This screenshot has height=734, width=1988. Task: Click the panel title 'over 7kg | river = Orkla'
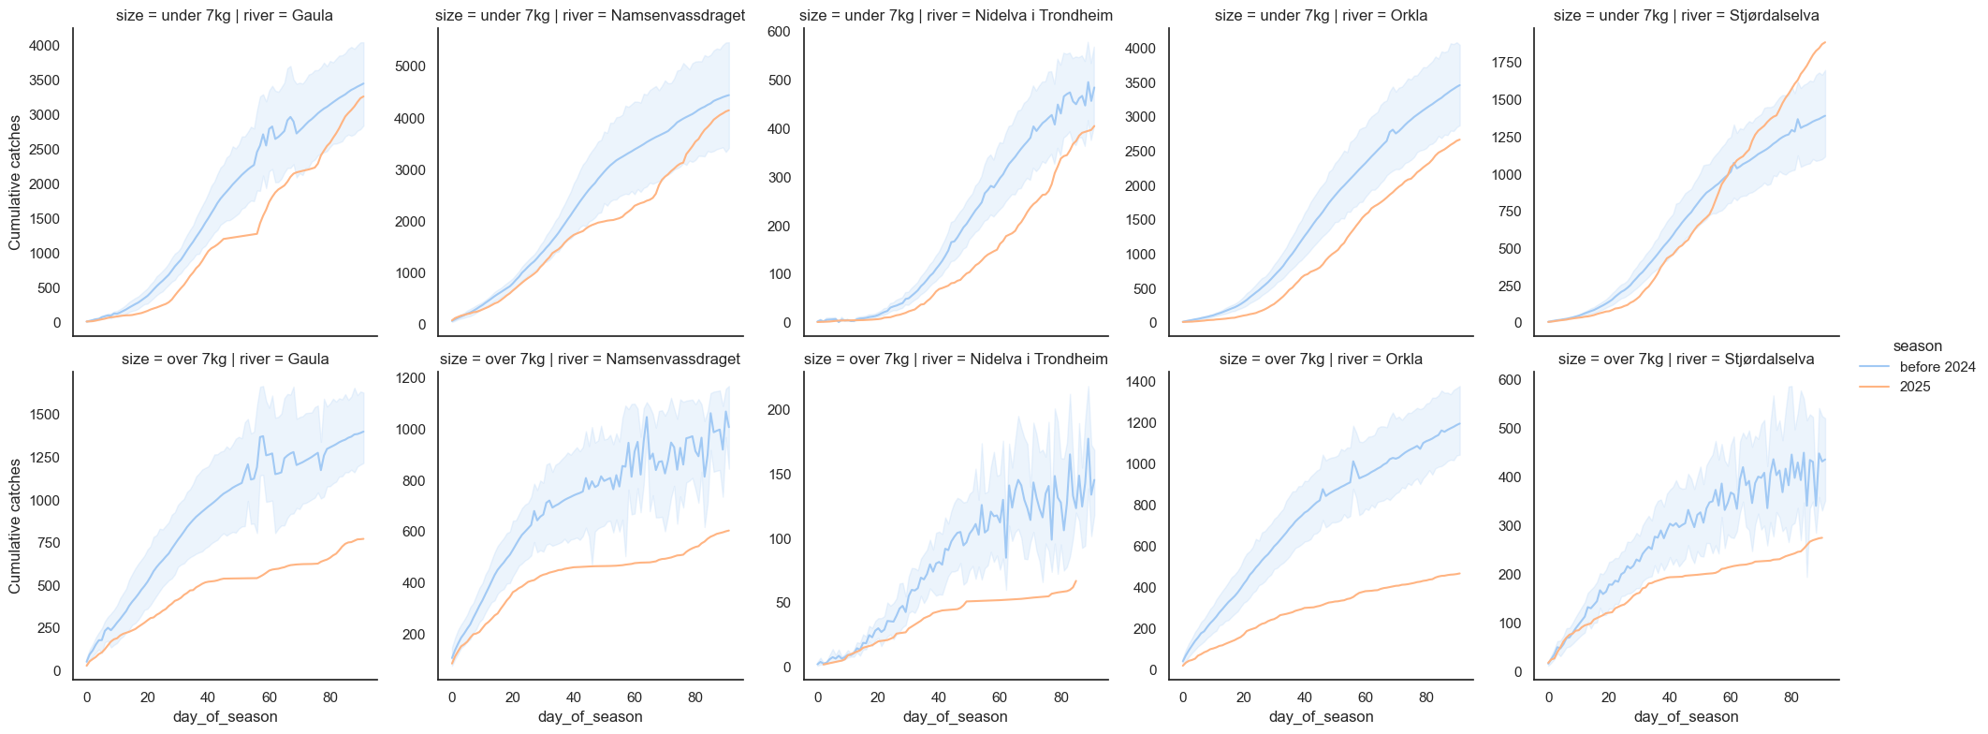(x=1321, y=359)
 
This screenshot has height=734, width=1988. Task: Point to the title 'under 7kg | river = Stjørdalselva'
(x=1686, y=14)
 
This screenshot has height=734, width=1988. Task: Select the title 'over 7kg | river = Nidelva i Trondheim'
(x=956, y=359)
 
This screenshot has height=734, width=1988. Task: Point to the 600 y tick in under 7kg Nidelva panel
(x=778, y=32)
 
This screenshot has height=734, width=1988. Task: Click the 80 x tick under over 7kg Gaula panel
(x=329, y=697)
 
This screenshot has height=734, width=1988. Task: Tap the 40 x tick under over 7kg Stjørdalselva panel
(x=1669, y=697)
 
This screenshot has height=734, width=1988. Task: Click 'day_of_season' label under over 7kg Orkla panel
(x=1321, y=717)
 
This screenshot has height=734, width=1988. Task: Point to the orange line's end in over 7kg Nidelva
(x=1075, y=581)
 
